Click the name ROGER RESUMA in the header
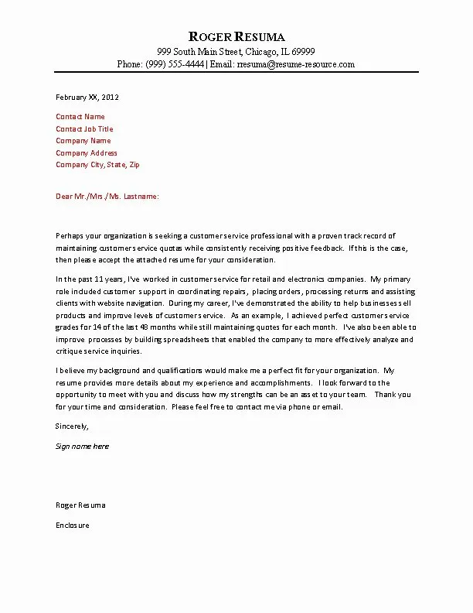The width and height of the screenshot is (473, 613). pos(236,36)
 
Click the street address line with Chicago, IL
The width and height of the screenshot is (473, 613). pos(236,51)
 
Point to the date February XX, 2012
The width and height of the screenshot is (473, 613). pos(87,98)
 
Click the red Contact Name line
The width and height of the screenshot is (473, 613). pos(80,117)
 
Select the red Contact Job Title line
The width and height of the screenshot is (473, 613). pos(84,129)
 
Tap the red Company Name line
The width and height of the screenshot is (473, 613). pos(83,141)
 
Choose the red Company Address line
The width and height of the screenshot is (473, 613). pos(87,153)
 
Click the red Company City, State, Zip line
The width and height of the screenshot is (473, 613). pos(97,165)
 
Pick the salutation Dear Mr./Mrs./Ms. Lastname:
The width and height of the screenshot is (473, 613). pos(107,197)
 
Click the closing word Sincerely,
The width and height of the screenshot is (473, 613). pos(73,426)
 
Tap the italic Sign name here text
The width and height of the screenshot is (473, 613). pos(82,447)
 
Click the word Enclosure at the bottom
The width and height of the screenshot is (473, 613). pos(73,526)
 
